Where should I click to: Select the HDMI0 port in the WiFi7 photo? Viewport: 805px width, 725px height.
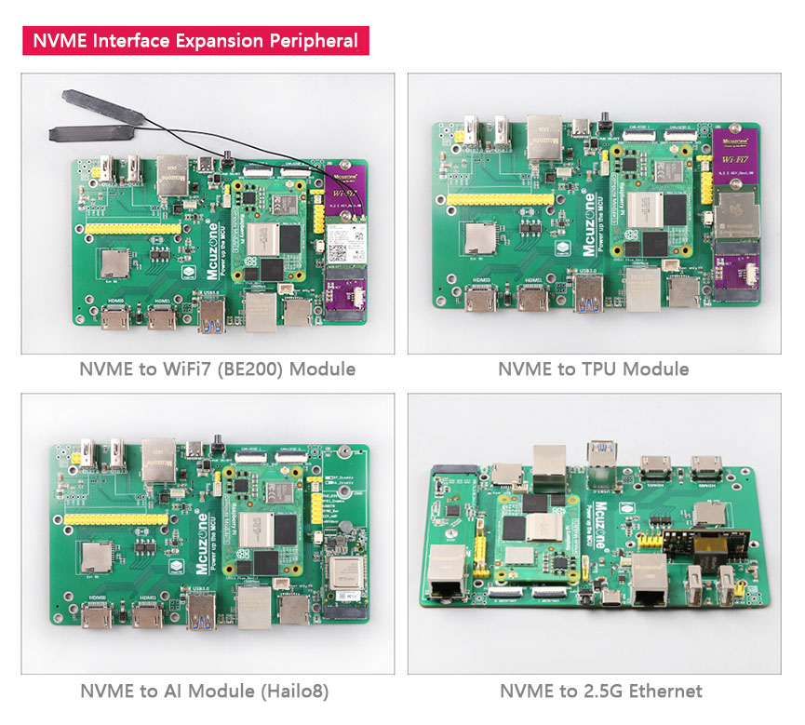coord(117,318)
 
